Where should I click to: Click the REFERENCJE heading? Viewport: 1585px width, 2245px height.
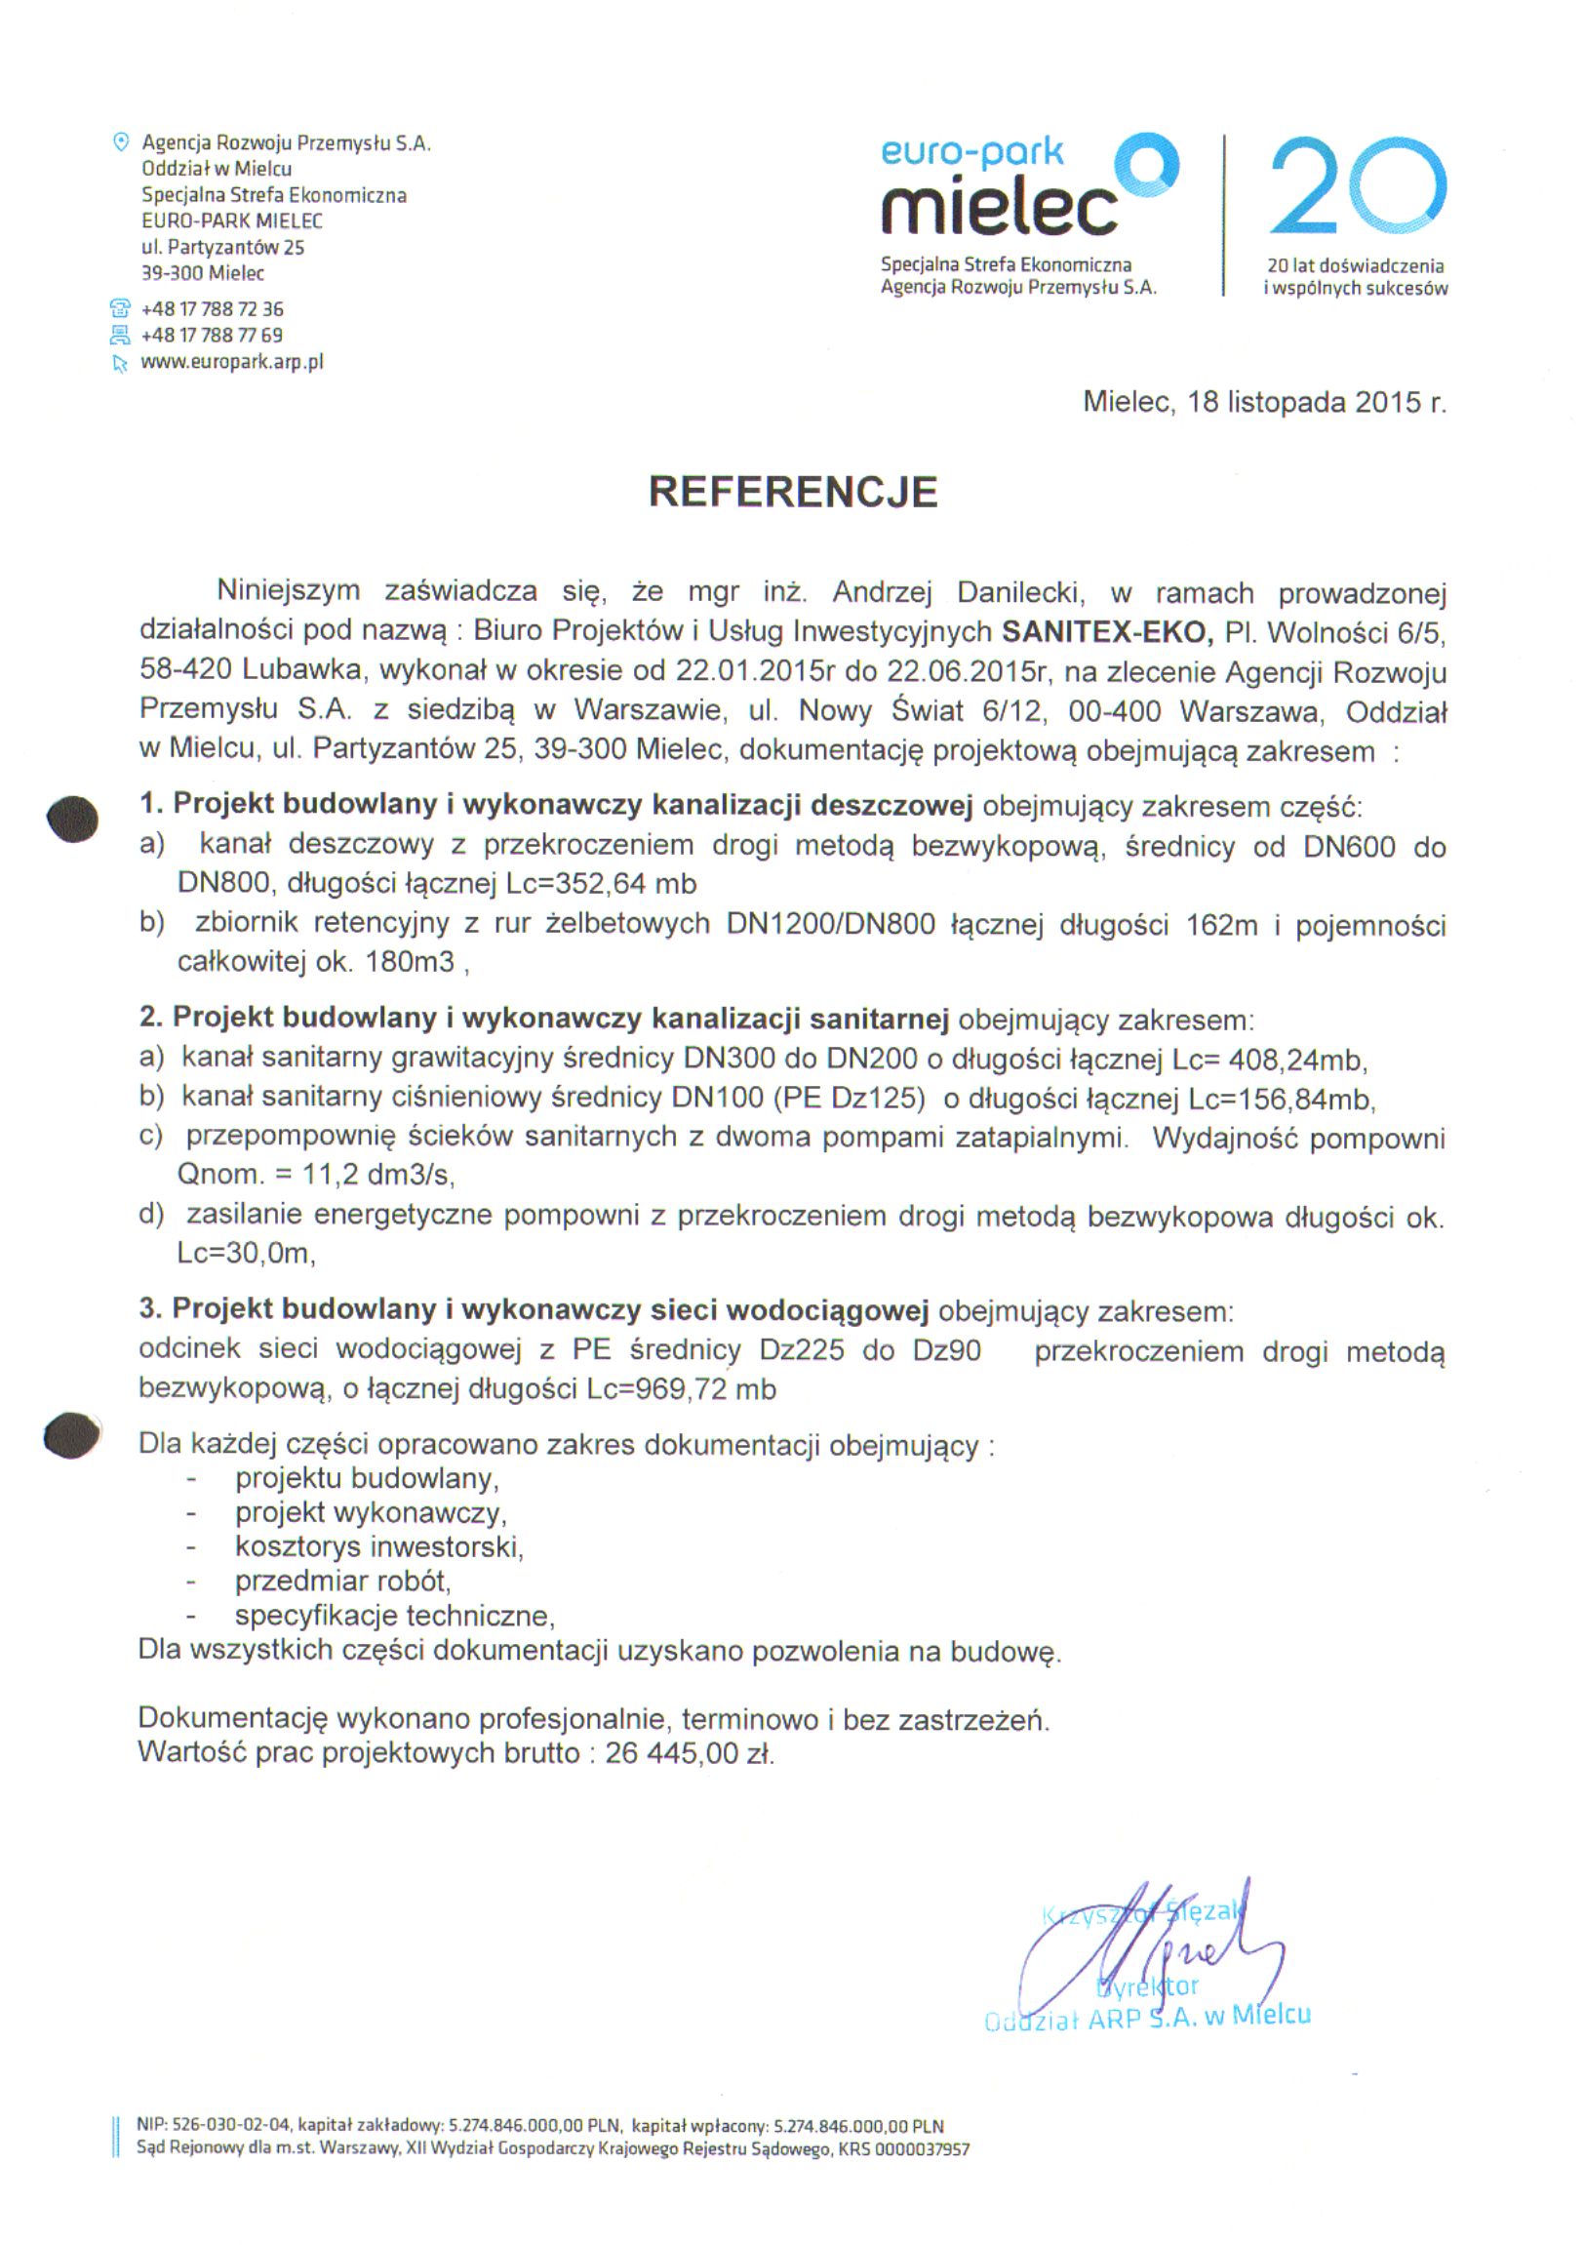[x=793, y=492]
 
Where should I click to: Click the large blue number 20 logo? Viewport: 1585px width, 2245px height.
[x=1357, y=186]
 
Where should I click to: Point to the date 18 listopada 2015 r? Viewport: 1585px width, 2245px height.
[x=1316, y=402]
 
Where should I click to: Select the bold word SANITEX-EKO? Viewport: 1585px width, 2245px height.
[x=1107, y=631]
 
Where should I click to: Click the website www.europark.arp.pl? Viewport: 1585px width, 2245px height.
[x=232, y=362]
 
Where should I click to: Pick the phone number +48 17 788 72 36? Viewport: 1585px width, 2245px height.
[x=213, y=309]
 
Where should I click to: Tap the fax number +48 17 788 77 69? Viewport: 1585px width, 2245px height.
[x=213, y=336]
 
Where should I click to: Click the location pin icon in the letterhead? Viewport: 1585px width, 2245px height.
[x=121, y=141]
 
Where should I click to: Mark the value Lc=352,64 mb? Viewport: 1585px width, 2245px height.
[x=601, y=884]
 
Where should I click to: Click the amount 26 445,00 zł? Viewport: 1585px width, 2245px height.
[x=690, y=1753]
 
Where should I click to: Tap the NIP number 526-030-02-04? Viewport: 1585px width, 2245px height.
[x=231, y=2124]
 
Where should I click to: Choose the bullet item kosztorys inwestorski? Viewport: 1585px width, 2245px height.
[x=378, y=1546]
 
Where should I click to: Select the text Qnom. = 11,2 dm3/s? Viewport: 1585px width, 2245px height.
[x=315, y=1175]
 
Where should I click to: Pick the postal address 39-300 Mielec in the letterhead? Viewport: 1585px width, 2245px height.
[x=203, y=274]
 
